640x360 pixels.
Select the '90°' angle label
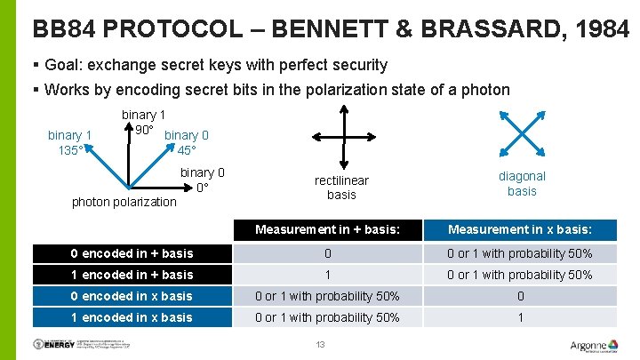[x=144, y=130]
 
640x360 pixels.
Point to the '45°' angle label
[x=188, y=150]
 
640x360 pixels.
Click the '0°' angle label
[x=203, y=188]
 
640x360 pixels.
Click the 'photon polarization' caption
[x=124, y=202]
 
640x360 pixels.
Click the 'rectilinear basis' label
[x=341, y=188]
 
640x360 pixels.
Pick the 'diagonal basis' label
[x=522, y=183]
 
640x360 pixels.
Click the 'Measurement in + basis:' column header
[x=327, y=230]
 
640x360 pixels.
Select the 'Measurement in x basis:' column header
[x=520, y=230]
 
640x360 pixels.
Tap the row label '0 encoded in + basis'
[x=132, y=253]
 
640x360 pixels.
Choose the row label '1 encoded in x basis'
[x=132, y=317]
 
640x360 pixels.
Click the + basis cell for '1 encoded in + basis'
[x=327, y=275]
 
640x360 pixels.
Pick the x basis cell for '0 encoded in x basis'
[x=520, y=296]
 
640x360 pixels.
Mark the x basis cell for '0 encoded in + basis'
[x=520, y=253]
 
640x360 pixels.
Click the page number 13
[x=321, y=345]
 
